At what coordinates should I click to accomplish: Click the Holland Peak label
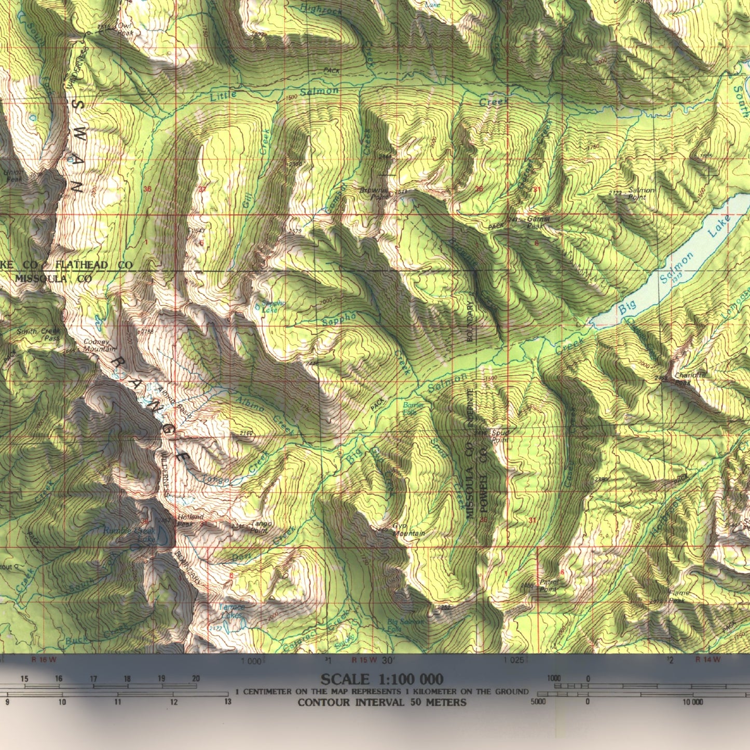tap(190, 521)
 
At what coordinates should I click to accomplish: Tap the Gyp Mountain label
tap(408, 530)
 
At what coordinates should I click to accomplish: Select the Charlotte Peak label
tap(690, 379)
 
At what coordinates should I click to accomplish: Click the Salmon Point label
tap(641, 194)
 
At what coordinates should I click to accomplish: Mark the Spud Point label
tap(500, 436)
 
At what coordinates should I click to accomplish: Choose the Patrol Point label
tap(549, 585)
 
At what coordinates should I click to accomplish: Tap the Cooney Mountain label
tap(99, 346)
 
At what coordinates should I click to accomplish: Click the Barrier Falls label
tap(413, 408)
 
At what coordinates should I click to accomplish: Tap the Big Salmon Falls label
tap(405, 625)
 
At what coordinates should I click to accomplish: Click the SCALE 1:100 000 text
tap(381, 679)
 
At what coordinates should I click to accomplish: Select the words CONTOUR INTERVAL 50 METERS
tap(381, 702)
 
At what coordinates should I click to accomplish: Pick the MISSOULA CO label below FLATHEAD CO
tap(53, 279)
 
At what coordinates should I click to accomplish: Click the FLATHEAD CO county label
tap(94, 265)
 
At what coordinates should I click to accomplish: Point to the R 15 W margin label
tap(364, 660)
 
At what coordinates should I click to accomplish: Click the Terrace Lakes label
tap(231, 611)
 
